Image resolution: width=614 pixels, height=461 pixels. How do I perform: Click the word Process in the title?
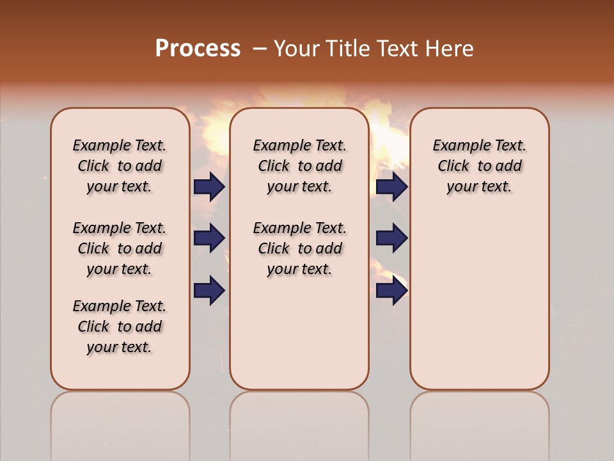tap(198, 49)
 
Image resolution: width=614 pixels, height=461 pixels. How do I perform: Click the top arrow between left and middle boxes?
tap(209, 186)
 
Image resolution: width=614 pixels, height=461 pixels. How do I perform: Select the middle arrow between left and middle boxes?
tap(209, 238)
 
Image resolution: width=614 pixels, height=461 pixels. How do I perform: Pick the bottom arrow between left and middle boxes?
tap(209, 290)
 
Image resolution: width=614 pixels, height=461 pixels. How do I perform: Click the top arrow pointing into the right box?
tap(391, 186)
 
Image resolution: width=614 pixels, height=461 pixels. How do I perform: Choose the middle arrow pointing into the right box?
tap(391, 238)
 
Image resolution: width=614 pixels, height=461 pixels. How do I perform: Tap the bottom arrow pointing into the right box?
tap(391, 290)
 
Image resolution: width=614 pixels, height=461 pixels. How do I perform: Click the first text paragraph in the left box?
tap(120, 166)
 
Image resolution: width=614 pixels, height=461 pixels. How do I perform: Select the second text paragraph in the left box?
tap(120, 248)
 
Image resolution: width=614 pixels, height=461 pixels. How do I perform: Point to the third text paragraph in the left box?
tap(120, 327)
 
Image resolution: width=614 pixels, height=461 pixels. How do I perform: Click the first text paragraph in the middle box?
tap(299, 166)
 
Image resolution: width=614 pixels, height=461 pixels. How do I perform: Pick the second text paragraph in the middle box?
tap(299, 248)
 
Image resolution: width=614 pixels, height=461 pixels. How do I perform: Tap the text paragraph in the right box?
tap(479, 166)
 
